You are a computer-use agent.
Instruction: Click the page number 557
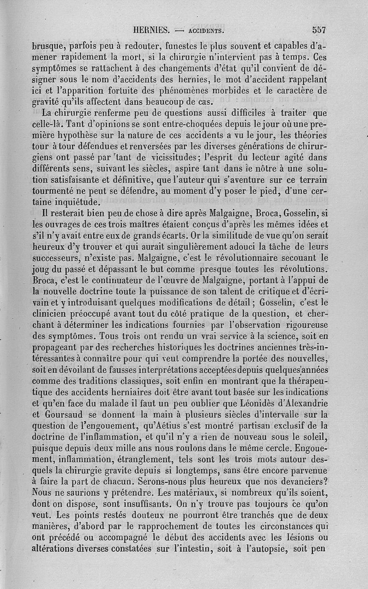click(318, 30)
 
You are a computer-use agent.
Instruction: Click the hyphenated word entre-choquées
click(167, 125)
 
